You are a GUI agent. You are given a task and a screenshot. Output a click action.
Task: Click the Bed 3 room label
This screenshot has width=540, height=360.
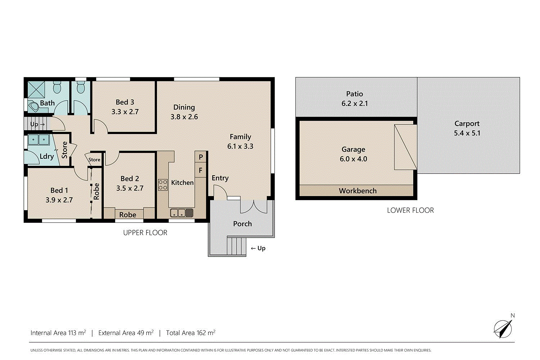coord(125,102)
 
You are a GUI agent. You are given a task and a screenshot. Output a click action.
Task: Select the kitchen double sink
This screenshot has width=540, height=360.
coord(182,213)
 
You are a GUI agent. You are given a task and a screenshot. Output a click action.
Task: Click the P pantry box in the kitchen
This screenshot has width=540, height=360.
coord(201,157)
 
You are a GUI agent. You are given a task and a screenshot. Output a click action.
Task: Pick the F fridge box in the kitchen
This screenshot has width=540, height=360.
coord(201,170)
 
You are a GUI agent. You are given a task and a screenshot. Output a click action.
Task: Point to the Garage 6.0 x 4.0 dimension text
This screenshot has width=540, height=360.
coord(354,159)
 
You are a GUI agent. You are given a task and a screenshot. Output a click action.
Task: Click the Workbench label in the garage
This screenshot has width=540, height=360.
coord(357,191)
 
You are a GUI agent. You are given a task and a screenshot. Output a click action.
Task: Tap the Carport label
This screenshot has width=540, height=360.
coord(467,123)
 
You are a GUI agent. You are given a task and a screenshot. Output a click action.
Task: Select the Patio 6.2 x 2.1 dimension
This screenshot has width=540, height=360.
coord(355,104)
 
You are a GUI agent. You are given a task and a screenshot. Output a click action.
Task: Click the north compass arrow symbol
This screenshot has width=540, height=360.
coord(503,328)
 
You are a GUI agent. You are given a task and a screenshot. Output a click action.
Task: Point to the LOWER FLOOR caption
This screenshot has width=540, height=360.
coord(410,210)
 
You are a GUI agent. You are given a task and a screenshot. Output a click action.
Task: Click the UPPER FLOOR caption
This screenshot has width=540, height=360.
coord(145,233)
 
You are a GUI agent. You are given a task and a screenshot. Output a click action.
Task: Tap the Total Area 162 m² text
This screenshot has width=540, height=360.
coord(190,333)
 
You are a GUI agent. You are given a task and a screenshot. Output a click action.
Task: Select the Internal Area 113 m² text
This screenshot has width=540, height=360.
coord(58,333)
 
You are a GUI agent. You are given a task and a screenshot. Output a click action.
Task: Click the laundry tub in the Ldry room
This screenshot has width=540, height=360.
coord(39,139)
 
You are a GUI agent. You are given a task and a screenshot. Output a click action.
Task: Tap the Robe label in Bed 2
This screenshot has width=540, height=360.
coord(128,215)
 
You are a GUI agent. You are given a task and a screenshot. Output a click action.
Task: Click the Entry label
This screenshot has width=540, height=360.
coord(220,178)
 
